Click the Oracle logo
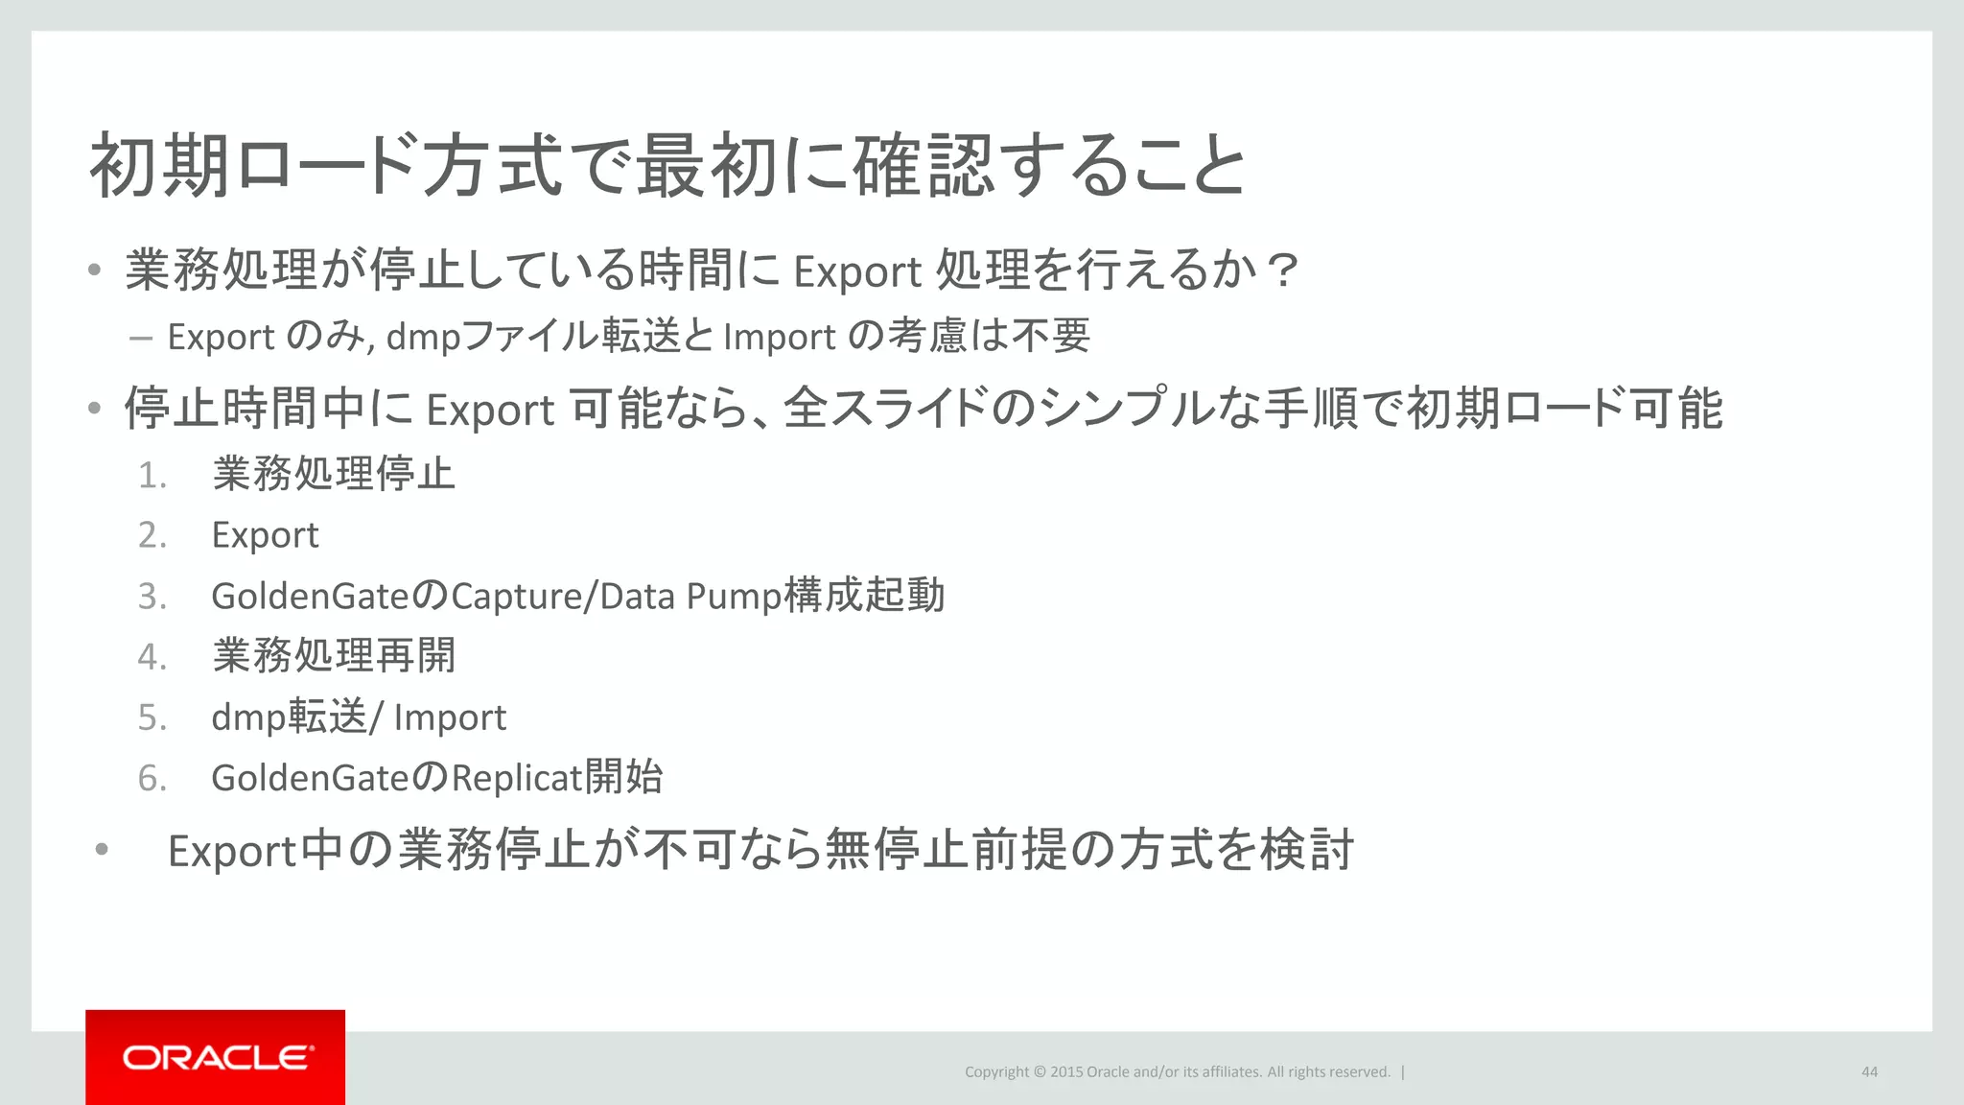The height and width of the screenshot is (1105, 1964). coord(216,1057)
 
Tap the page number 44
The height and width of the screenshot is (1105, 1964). coord(1869,1071)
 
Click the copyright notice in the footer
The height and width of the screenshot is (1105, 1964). coord(1177,1071)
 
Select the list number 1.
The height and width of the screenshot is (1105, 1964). coord(152,476)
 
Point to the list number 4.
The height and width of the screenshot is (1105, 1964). coord(152,657)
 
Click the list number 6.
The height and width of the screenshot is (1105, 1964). coord(152,778)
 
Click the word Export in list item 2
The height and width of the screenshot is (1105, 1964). coord(265,535)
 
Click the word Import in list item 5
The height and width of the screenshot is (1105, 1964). coord(450,717)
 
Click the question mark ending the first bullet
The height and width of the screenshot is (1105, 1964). coord(1281,270)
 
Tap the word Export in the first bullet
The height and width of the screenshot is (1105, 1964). coord(857,271)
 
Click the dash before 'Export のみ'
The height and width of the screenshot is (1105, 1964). coord(140,338)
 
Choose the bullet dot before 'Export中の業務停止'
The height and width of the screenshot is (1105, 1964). coord(102,850)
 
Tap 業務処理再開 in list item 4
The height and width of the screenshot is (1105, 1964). coord(334,656)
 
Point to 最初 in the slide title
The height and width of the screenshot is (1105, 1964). coord(705,165)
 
